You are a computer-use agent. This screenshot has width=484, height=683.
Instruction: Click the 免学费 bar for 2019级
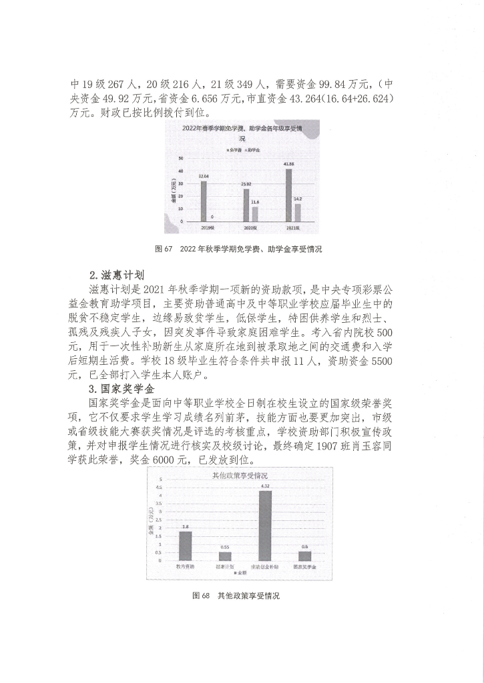click(204, 201)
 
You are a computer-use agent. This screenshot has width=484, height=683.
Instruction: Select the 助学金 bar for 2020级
click(255, 214)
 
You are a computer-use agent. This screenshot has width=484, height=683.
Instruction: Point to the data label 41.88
click(288, 164)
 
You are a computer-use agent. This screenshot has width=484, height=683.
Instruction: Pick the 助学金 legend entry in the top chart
click(252, 151)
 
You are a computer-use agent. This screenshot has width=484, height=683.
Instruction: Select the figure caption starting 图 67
click(238, 249)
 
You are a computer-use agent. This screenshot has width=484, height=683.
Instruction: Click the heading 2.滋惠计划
click(117, 274)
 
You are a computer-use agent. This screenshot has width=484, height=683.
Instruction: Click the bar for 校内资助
click(185, 545)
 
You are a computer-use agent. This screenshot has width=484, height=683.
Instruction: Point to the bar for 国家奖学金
click(304, 556)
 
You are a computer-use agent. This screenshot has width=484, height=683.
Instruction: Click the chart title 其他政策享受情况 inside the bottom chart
click(240, 475)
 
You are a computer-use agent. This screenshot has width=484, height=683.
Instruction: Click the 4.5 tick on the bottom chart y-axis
click(159, 488)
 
